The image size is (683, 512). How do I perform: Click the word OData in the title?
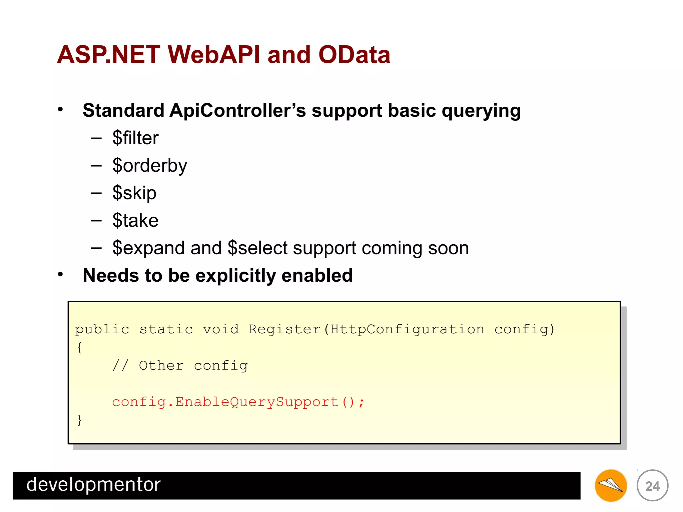(x=354, y=55)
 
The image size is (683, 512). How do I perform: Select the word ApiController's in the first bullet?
(x=237, y=110)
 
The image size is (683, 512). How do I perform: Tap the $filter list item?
(x=135, y=138)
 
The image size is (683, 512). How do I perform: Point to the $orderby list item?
(x=150, y=166)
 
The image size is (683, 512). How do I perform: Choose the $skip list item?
(x=134, y=193)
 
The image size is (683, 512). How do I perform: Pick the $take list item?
(x=135, y=220)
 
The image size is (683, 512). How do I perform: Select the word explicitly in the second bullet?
(x=235, y=275)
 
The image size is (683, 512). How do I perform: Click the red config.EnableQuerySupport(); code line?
(x=238, y=402)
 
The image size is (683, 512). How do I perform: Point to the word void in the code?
(x=221, y=329)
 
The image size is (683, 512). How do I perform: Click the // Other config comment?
(x=180, y=366)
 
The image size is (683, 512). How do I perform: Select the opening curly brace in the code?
(x=79, y=348)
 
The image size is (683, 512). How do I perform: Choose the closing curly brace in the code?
(x=79, y=420)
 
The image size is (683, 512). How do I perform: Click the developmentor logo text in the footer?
(x=93, y=485)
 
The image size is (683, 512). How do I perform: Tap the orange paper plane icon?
(x=611, y=486)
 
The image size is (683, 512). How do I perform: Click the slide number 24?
(x=652, y=486)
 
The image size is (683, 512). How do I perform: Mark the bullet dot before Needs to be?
(x=60, y=274)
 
